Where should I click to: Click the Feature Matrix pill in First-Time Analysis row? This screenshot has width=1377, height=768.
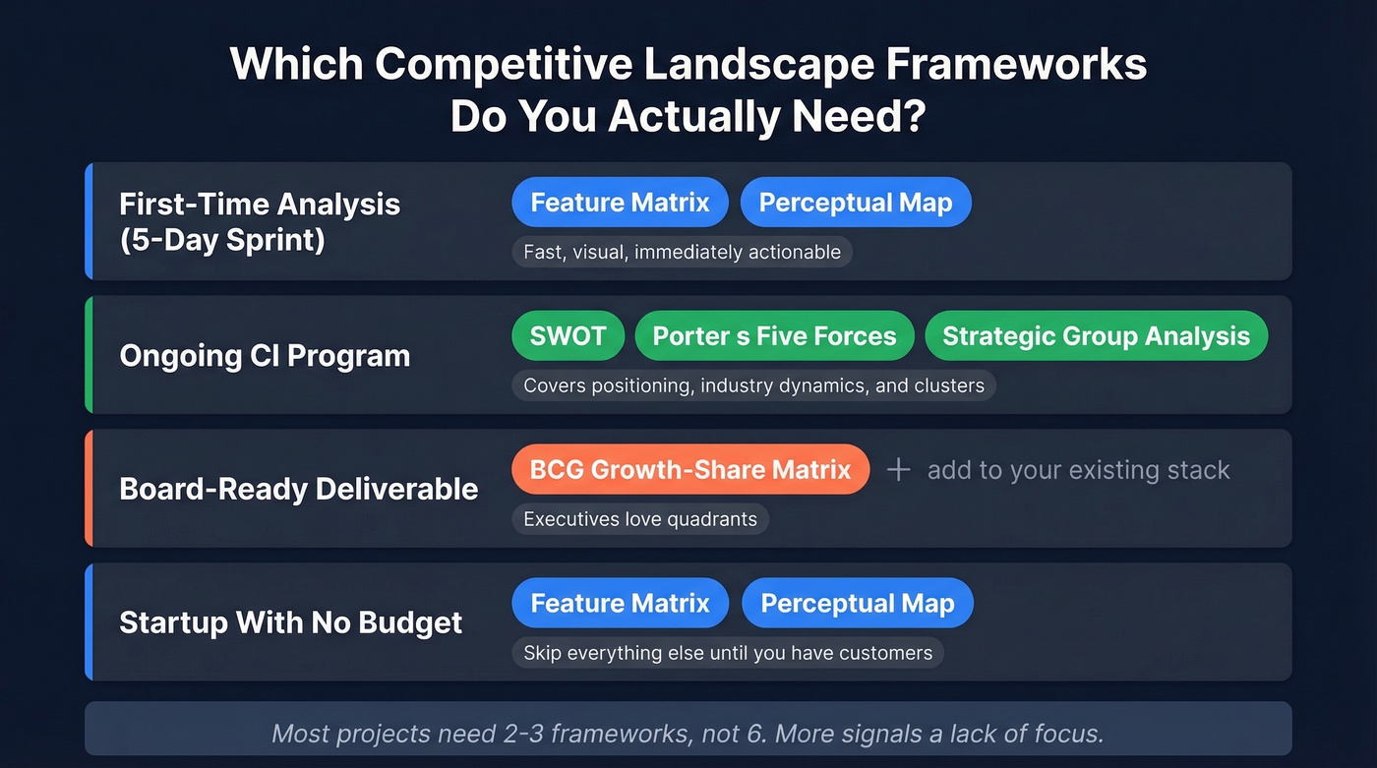pyautogui.click(x=620, y=203)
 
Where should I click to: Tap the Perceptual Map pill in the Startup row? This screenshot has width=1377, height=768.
pyautogui.click(x=857, y=603)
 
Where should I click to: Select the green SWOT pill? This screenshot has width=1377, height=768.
pyautogui.click(x=568, y=336)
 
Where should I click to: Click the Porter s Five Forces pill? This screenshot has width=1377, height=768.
pyautogui.click(x=774, y=336)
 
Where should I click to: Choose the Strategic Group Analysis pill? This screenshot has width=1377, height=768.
pyautogui.click(x=1096, y=336)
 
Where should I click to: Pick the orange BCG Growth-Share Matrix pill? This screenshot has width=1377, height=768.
pyautogui.click(x=689, y=469)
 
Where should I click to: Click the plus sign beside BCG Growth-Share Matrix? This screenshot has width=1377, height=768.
pyautogui.click(x=898, y=469)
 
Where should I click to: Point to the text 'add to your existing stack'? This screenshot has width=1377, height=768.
pyautogui.click(x=1078, y=470)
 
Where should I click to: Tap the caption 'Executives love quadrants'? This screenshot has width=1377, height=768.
pyautogui.click(x=639, y=519)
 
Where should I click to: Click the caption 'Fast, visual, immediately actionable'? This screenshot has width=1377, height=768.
pyautogui.click(x=682, y=252)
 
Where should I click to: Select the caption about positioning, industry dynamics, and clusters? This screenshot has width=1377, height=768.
pyautogui.click(x=753, y=385)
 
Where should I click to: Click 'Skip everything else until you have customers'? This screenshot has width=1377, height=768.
pyautogui.click(x=727, y=653)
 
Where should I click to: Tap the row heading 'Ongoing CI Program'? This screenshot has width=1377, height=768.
pyautogui.click(x=265, y=356)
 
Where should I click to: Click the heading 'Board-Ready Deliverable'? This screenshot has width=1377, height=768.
pyautogui.click(x=298, y=489)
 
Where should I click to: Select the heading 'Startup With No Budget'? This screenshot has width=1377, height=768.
pyautogui.click(x=290, y=622)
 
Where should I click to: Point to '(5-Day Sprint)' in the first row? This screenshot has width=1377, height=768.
pyautogui.click(x=222, y=239)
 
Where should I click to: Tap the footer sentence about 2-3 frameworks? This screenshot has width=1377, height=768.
pyautogui.click(x=688, y=733)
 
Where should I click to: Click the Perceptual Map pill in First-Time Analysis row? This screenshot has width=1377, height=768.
pyautogui.click(x=855, y=203)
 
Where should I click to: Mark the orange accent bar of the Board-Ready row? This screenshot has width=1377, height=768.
pyautogui.click(x=89, y=488)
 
